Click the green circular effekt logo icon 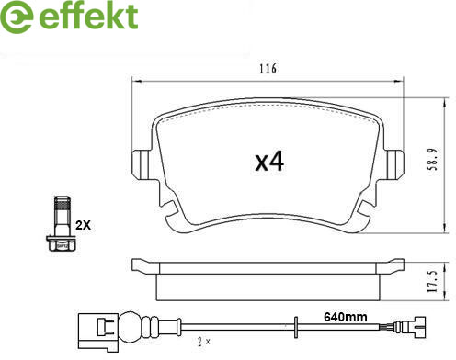(x=17, y=17)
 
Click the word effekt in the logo (x=88, y=16)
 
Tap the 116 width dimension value (x=268, y=69)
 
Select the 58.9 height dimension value (x=433, y=159)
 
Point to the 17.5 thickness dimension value (x=432, y=281)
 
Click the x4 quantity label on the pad (x=269, y=162)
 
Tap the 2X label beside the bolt (x=84, y=225)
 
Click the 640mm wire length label (x=346, y=317)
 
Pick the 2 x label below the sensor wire (x=204, y=342)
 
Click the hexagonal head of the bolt (x=63, y=243)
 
